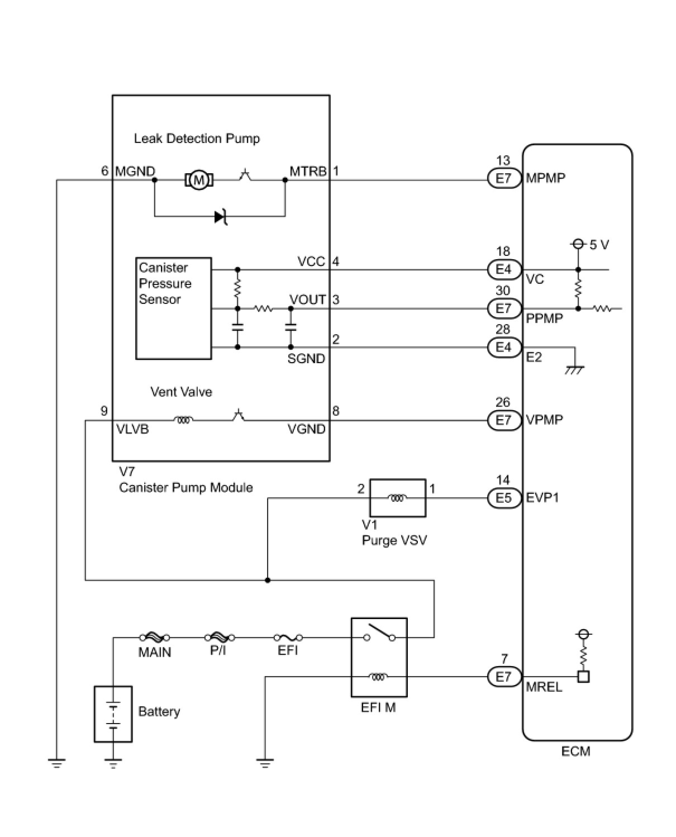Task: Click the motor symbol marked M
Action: [x=199, y=180]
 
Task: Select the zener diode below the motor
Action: [x=221, y=217]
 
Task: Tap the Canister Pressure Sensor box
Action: [x=173, y=308]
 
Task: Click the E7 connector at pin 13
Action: [x=504, y=178]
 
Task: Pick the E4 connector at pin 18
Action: [x=504, y=269]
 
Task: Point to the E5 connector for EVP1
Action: [x=504, y=498]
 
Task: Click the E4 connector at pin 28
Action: [x=504, y=347]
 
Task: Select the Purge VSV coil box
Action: [x=398, y=497]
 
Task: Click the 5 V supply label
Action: [x=599, y=245]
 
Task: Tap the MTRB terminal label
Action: [x=308, y=172]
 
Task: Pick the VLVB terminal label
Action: [x=133, y=429]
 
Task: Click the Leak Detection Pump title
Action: [x=197, y=139]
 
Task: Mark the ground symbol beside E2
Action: [x=575, y=370]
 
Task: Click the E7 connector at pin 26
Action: [x=504, y=420]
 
